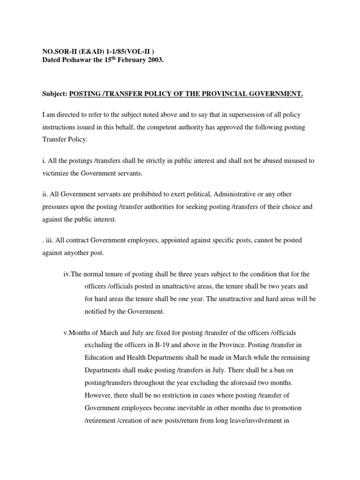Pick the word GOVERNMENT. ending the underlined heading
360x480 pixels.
click(x=278, y=94)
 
